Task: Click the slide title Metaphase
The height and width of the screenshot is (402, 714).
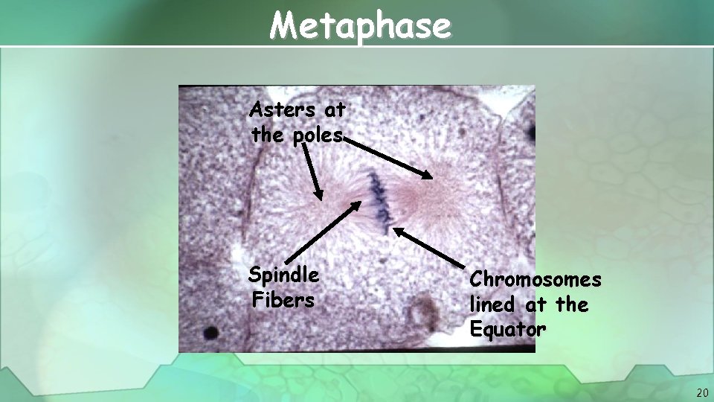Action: (x=360, y=26)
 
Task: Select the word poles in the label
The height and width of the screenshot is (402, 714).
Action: (x=321, y=136)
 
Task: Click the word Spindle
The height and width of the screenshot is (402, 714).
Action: (x=283, y=275)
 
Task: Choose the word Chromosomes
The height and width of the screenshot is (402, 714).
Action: (x=535, y=280)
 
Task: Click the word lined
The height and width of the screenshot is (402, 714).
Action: (x=494, y=304)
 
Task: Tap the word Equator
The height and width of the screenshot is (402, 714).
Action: (x=507, y=329)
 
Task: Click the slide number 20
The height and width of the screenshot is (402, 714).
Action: (x=702, y=392)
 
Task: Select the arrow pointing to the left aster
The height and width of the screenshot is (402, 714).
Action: (x=313, y=171)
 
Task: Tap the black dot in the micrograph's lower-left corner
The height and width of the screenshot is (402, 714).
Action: (x=211, y=332)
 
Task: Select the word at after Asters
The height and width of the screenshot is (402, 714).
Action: (x=334, y=111)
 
